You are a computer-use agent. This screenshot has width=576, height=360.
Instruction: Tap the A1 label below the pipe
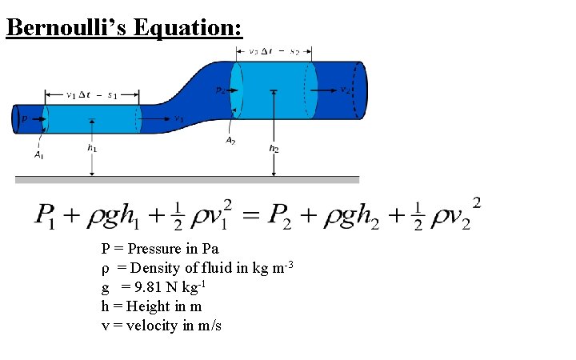(38, 154)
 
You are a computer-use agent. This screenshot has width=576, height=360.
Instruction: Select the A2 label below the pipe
(230, 141)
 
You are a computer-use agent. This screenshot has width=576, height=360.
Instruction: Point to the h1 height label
(93, 148)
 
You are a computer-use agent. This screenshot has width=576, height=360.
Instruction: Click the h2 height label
(274, 148)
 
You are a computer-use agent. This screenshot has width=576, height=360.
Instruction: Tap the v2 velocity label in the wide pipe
(346, 90)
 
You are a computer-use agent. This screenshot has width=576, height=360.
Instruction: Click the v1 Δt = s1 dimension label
(91, 94)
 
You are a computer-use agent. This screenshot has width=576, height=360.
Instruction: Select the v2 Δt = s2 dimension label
(274, 51)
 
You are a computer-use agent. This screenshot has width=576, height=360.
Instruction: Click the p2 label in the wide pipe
(221, 90)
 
